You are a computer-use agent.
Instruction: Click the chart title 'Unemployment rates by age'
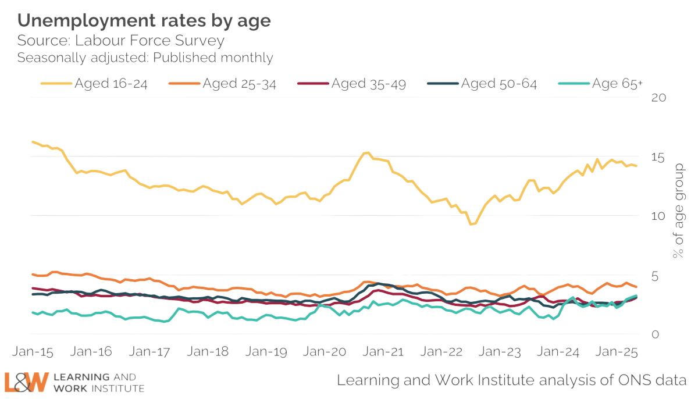coord(144,22)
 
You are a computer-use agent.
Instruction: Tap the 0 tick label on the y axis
coord(655,335)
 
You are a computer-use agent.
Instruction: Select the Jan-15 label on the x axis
coord(33,352)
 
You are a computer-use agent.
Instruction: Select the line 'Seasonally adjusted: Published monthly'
coord(145,58)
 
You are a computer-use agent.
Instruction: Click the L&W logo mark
coord(26,381)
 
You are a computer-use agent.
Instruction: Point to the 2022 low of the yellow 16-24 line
coord(473,224)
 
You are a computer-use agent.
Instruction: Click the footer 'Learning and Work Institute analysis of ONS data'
coord(512,381)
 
